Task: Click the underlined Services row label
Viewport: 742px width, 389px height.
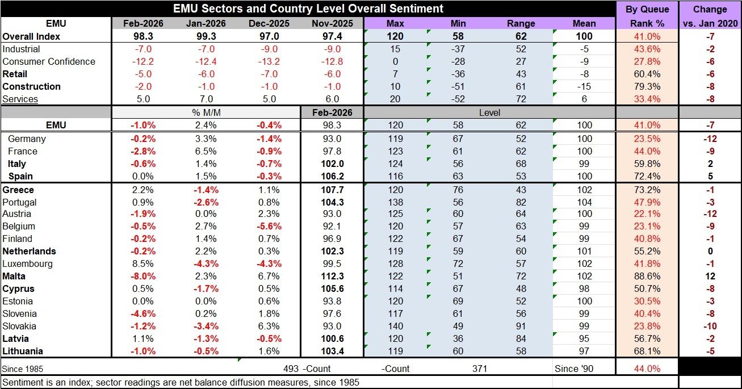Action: click(20, 99)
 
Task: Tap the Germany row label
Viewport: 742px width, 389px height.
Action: click(27, 139)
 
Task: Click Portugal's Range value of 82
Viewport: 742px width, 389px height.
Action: click(521, 202)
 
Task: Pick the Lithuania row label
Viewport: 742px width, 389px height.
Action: click(23, 351)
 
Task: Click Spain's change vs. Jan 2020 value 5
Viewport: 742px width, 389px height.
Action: click(710, 176)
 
